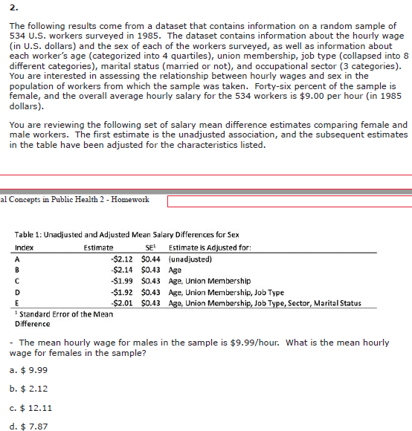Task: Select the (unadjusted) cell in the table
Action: coord(190,259)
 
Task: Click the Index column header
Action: coord(24,247)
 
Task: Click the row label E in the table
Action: coord(16,302)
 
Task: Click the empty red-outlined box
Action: coord(289,201)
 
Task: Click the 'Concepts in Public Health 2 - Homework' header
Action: coord(74,199)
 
